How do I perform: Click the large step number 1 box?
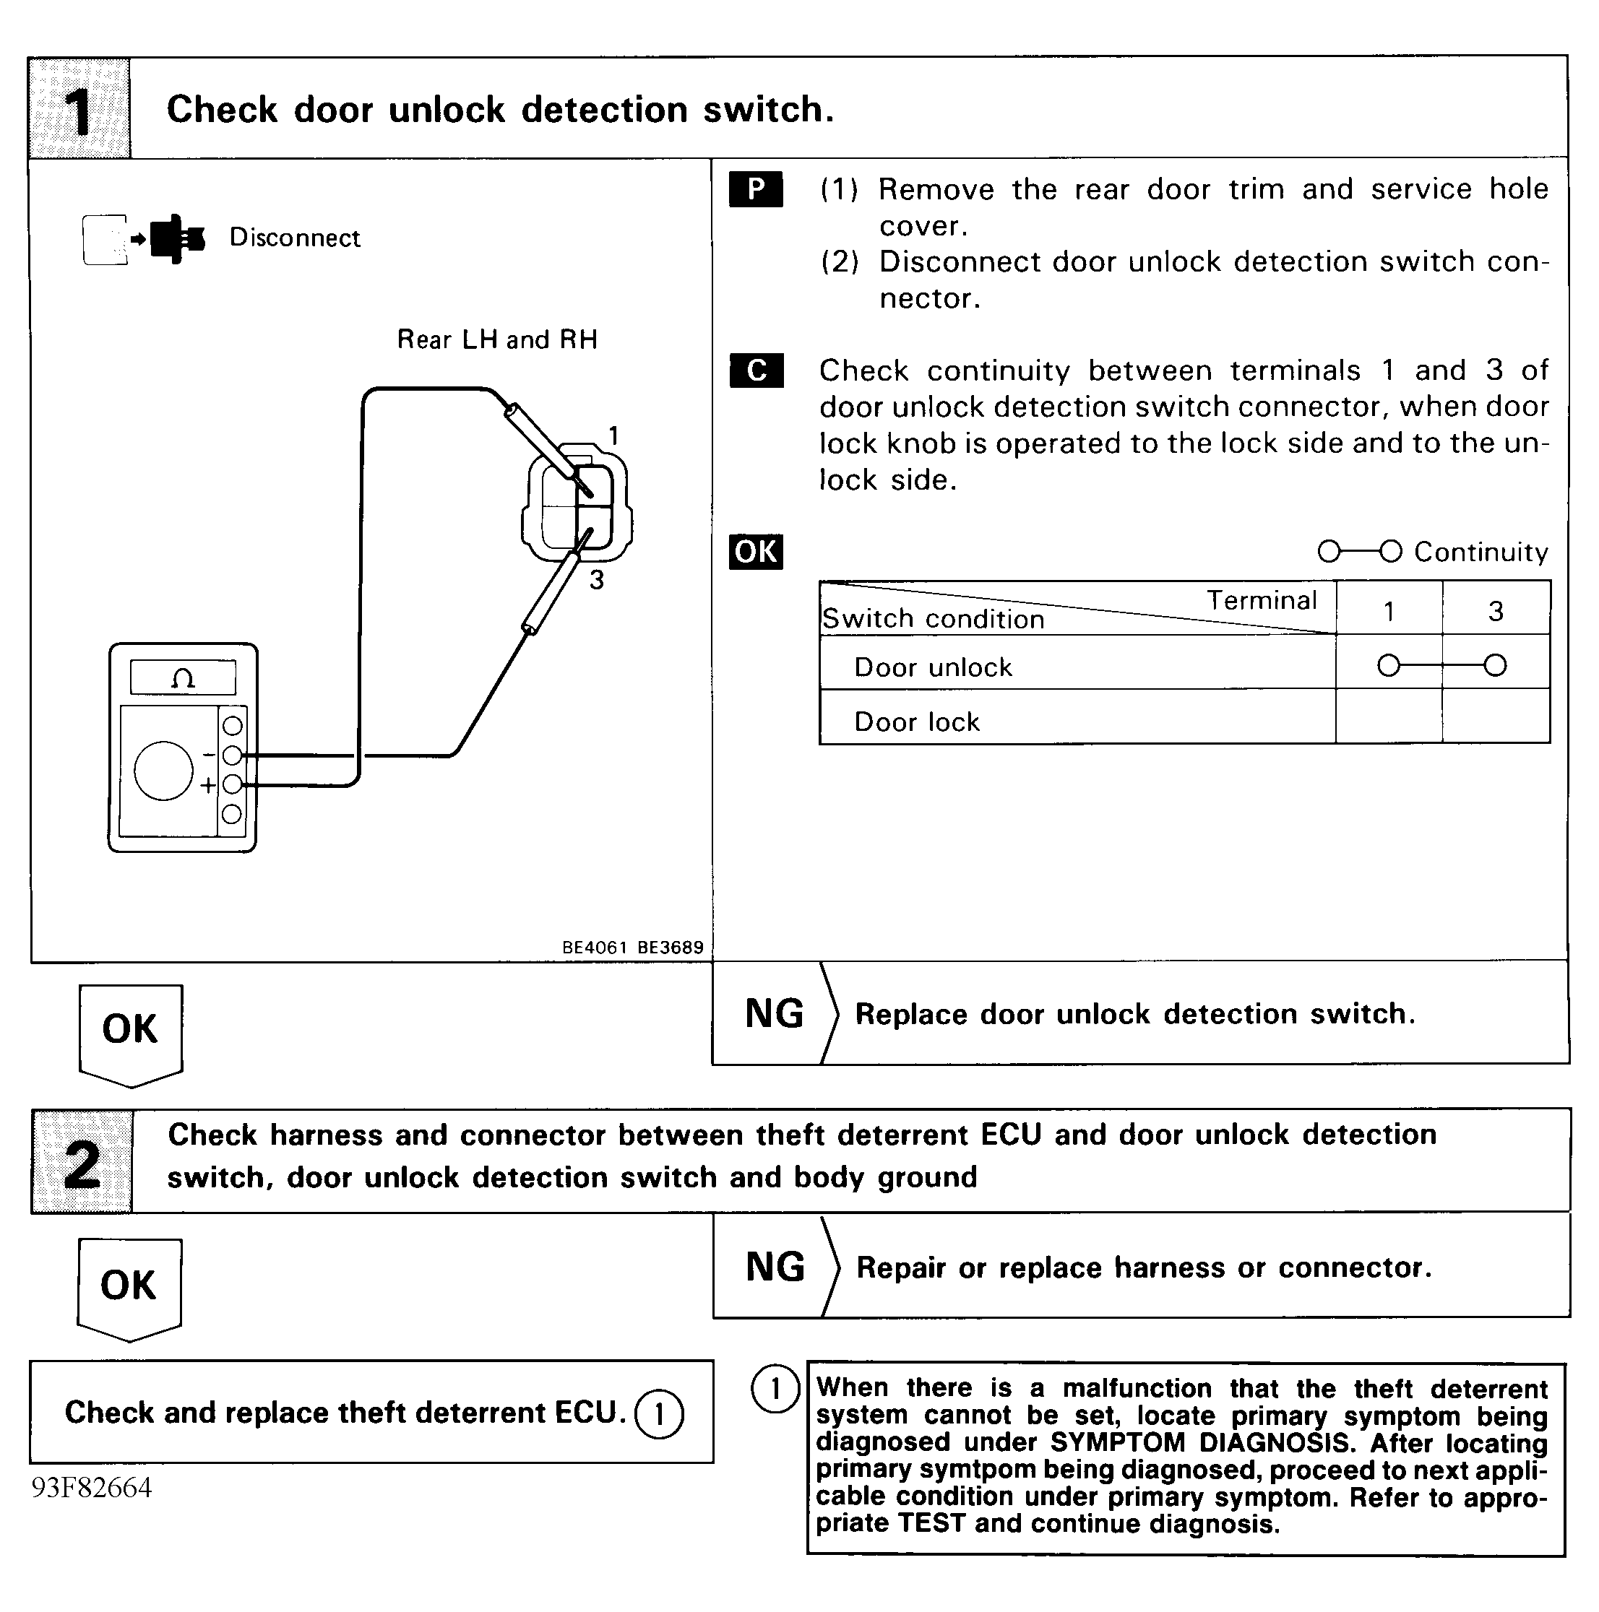click(79, 109)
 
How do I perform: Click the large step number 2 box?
click(82, 1161)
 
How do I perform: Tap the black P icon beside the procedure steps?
click(755, 188)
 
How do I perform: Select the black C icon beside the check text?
click(756, 370)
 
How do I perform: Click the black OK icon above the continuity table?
click(755, 552)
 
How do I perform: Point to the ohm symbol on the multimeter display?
click(183, 677)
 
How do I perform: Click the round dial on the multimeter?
click(163, 770)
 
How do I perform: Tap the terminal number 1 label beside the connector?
click(613, 435)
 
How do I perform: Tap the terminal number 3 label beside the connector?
click(596, 580)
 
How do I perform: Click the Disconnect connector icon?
click(144, 240)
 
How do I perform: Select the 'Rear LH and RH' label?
click(497, 339)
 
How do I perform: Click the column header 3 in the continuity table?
click(1496, 611)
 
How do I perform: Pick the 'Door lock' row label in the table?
click(916, 721)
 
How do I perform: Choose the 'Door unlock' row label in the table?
click(932, 667)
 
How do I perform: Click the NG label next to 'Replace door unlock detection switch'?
click(774, 1014)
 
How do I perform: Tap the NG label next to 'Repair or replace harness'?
click(775, 1267)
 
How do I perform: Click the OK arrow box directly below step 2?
click(129, 1286)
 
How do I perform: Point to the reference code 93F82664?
click(92, 1488)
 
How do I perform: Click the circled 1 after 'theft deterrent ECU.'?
click(658, 1414)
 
